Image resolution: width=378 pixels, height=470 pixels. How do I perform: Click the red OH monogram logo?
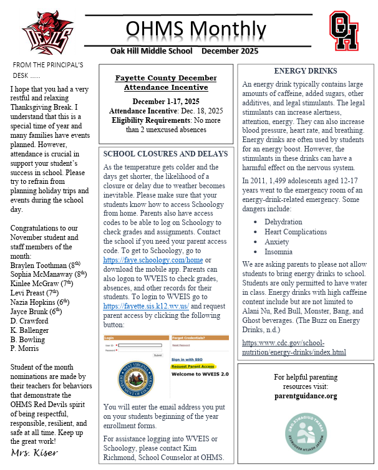[x=344, y=31]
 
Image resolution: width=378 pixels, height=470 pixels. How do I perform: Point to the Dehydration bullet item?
[x=283, y=222]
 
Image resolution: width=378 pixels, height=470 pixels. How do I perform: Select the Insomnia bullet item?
[x=278, y=252]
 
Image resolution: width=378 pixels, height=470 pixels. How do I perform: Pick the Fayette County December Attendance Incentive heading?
[x=166, y=83]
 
